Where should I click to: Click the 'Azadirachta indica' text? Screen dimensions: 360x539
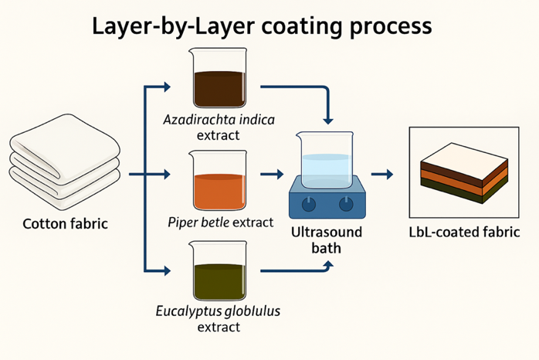pyautogui.click(x=219, y=121)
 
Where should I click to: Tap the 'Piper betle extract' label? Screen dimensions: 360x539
pyautogui.click(x=220, y=222)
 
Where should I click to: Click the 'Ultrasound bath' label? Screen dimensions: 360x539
pyautogui.click(x=325, y=239)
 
